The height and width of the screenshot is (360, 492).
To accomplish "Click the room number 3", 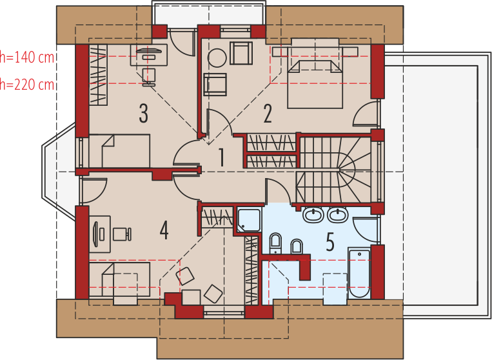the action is click(143, 114).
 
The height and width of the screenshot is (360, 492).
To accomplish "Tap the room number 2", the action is click(268, 114).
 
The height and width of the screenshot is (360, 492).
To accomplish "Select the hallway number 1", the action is click(222, 157).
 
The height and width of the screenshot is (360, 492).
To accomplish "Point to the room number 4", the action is click(164, 231).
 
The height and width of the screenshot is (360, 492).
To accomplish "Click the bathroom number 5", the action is click(330, 242).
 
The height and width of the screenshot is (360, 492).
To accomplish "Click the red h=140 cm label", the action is click(27, 57).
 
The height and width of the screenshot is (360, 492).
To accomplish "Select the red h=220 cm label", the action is click(27, 85).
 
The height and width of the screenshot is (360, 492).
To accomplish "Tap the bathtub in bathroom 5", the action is click(359, 273).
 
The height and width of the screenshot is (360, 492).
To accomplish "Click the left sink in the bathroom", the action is click(313, 215).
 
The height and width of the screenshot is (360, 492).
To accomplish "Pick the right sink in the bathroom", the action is click(337, 215).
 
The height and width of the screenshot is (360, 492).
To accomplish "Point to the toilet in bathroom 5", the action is click(275, 243).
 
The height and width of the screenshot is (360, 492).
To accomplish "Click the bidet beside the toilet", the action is click(297, 246).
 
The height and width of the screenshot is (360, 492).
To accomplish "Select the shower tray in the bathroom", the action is click(249, 220).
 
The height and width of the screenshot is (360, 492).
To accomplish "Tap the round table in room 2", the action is click(217, 58).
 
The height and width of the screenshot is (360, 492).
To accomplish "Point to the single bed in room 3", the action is click(119, 151).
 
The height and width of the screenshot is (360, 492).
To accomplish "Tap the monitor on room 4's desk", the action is click(95, 234).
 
